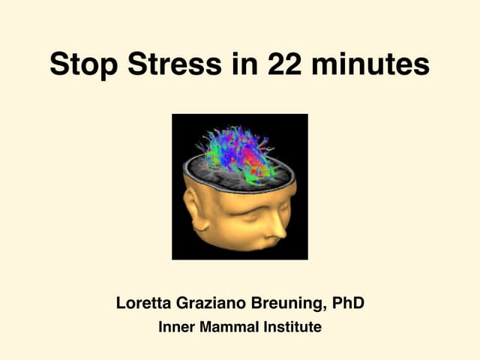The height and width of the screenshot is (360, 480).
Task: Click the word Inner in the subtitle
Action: point(175,327)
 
